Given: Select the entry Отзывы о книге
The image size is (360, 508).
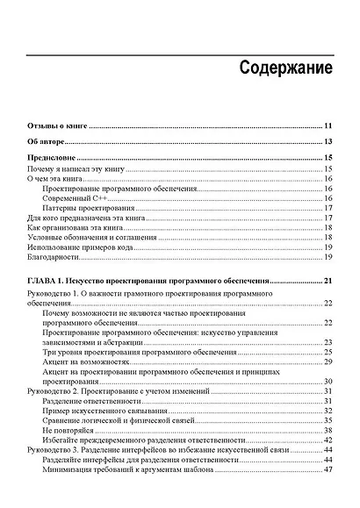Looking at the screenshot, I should click(54, 126).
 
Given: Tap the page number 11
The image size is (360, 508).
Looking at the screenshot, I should click(327, 126).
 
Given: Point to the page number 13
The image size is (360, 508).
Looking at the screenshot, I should click(327, 141).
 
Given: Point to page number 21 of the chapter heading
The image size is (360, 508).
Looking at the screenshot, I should click(327, 280).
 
